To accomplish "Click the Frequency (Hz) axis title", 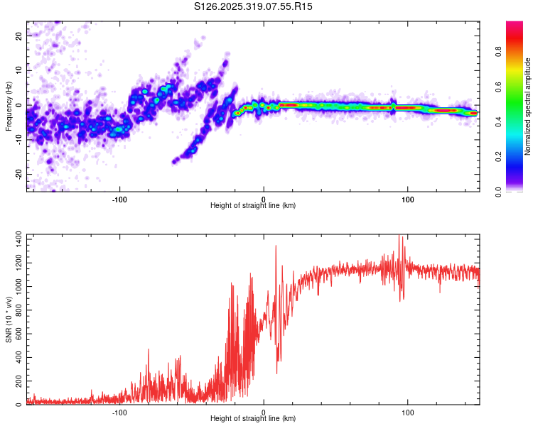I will pyautogui.click(x=9, y=104).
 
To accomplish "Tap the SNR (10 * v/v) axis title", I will pyautogui.click(x=9, y=317).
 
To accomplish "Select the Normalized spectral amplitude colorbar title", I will pyautogui.click(x=528, y=106).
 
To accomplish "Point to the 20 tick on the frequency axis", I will pyautogui.click(x=21, y=35).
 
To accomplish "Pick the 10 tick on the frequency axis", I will pyautogui.click(x=21, y=70).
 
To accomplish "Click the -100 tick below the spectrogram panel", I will pyautogui.click(x=119, y=198).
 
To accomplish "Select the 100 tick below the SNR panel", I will pyautogui.click(x=408, y=411).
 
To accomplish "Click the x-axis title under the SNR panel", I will pyautogui.click(x=253, y=419).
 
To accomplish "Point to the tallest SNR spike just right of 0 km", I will pyautogui.click(x=276, y=246).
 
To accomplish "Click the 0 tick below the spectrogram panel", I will pyautogui.click(x=264, y=198).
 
